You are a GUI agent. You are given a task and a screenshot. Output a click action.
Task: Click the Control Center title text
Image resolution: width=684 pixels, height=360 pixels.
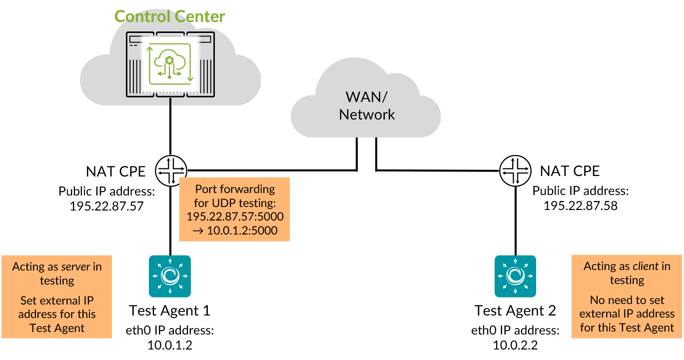click(x=170, y=16)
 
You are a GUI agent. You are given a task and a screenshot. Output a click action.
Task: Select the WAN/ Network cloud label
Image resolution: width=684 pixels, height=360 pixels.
click(x=367, y=105)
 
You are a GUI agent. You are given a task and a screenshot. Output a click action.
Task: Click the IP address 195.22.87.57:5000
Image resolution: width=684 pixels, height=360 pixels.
click(x=235, y=216)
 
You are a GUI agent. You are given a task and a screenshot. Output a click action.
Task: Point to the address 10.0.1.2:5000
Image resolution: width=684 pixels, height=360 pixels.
click(x=235, y=230)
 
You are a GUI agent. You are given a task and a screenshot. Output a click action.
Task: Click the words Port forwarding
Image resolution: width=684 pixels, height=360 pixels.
click(x=235, y=189)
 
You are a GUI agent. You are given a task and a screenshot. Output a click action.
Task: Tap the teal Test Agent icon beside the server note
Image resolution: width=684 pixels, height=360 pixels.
click(x=170, y=276)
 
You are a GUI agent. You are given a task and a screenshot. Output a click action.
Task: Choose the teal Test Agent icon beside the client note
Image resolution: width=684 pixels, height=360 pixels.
click(x=515, y=276)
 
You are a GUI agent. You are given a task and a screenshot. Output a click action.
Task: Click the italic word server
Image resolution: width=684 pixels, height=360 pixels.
click(x=75, y=266)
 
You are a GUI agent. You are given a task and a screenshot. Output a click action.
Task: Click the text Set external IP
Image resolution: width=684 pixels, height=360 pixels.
click(x=57, y=301)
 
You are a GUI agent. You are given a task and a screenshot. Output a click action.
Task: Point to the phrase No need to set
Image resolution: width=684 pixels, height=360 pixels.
click(x=627, y=300)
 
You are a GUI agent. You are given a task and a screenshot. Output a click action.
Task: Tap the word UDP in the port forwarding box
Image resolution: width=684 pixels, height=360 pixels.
click(x=224, y=203)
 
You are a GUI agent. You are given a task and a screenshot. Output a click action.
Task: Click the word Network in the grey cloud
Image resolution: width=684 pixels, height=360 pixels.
click(x=367, y=114)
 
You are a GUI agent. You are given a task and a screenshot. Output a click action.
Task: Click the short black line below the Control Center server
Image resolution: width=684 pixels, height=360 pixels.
click(x=171, y=101)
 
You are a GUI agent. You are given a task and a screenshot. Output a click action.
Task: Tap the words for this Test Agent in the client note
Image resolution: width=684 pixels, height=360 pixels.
click(x=627, y=328)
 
